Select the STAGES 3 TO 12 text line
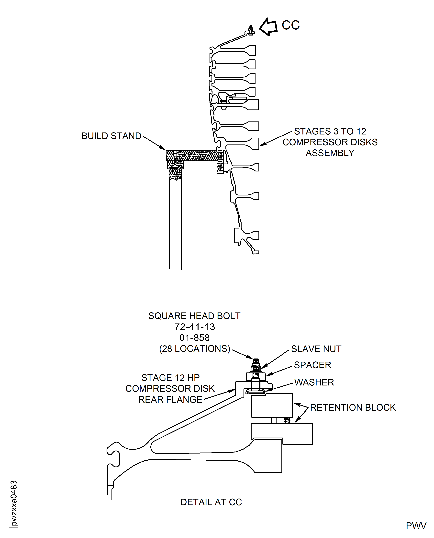330,131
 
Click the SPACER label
312,365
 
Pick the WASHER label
314,382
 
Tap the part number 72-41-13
194,327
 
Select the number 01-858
194,338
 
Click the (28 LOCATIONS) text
194,349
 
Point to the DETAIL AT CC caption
211,502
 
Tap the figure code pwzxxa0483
14,503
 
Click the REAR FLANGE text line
170,400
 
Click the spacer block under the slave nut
256,377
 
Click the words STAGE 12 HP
170,378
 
